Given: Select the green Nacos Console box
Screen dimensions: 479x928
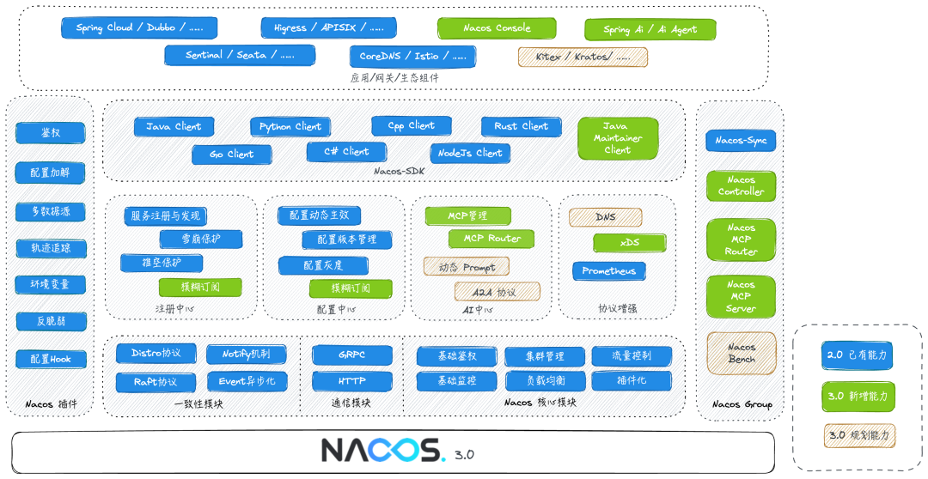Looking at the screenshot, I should click(x=497, y=28).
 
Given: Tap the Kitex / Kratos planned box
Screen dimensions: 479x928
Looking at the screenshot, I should click(x=583, y=57).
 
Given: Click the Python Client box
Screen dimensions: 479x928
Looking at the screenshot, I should click(x=290, y=127).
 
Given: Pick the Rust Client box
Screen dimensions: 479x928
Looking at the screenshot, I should click(x=521, y=126).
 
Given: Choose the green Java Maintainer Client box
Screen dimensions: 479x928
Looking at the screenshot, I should click(x=617, y=138).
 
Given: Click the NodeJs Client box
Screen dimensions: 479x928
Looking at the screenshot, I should click(x=469, y=154).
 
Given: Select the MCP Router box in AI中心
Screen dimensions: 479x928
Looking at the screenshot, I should click(x=491, y=239).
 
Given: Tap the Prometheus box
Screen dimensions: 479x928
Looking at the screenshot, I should click(x=608, y=271).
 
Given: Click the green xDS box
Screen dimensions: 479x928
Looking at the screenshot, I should click(x=629, y=243).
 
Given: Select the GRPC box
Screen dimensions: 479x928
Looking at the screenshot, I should click(x=352, y=355).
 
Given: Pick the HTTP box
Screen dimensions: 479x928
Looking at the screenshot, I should click(x=352, y=380).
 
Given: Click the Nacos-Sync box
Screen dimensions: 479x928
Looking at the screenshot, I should click(x=741, y=141).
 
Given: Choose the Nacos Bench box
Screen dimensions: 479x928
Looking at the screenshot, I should click(x=741, y=353).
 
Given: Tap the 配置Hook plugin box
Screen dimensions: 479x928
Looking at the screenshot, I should click(x=51, y=360).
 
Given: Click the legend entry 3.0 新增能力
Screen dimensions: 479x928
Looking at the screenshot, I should click(x=857, y=397).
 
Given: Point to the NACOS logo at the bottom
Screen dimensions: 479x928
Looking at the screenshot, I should click(x=382, y=450).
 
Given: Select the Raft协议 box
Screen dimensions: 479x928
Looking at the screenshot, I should click(x=156, y=381).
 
